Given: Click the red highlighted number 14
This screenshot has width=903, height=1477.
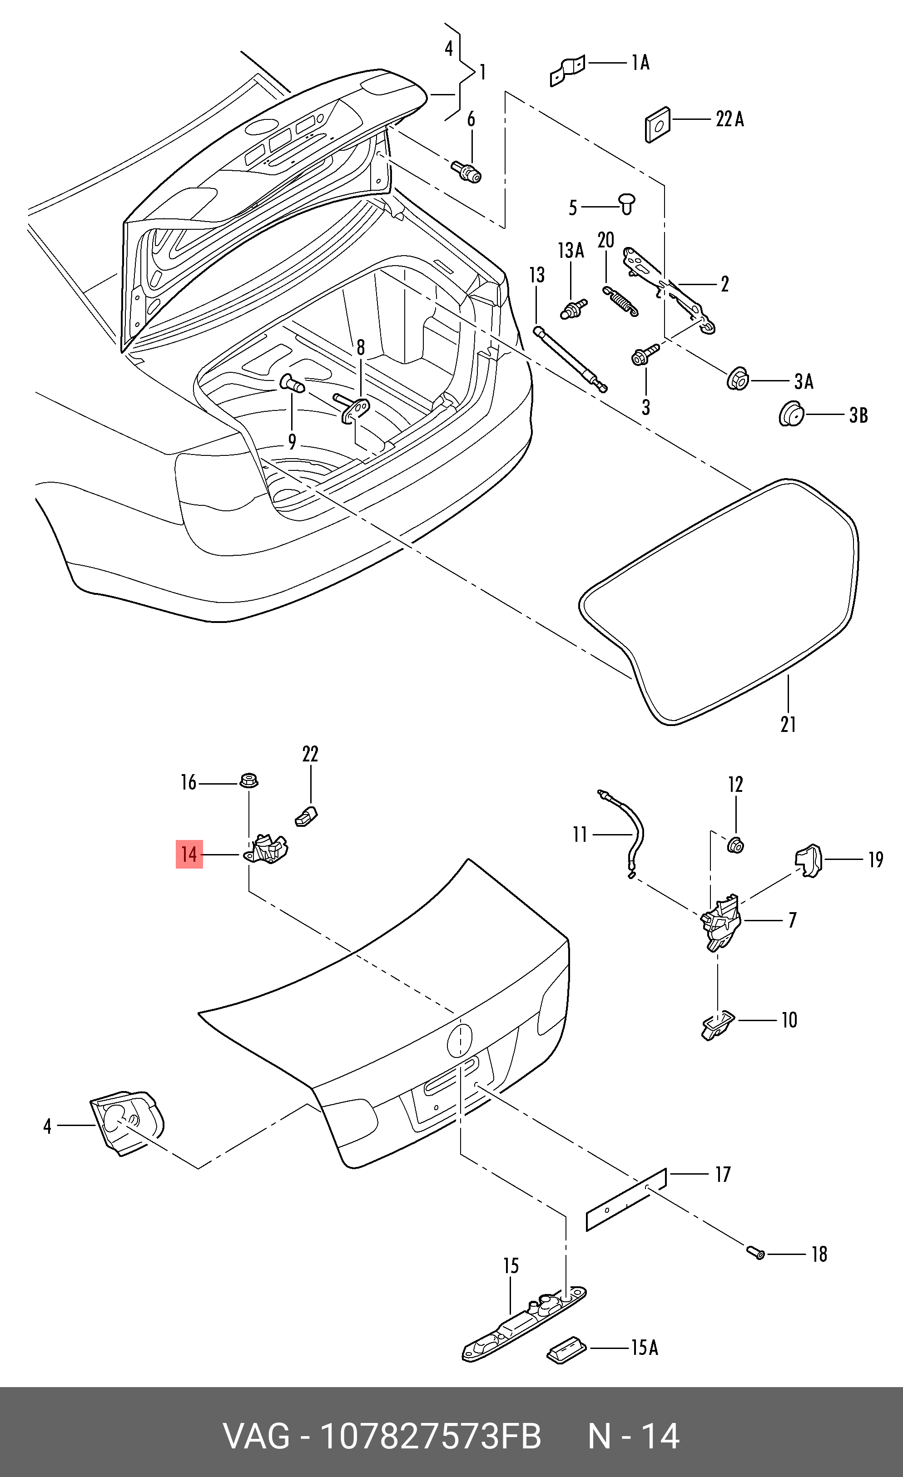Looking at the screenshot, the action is pos(189,854).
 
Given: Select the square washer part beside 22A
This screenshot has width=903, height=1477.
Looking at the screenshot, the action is pos(658,125).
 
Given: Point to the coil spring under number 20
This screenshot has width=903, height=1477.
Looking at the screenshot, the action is pos(620,301).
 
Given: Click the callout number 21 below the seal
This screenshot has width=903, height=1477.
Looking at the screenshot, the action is pos(788,724).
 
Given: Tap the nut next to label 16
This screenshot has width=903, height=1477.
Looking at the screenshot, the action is pos(249,781).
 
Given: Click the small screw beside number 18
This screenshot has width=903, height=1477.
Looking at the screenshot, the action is pos(755,1253).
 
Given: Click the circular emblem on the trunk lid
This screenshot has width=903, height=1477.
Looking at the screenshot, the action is pos(460,1041).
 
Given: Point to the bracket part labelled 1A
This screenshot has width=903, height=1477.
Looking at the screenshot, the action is pos(566,71).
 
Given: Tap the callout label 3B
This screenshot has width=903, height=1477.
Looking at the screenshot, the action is pos(858,415).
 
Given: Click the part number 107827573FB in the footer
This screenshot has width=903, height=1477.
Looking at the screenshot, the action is pos(431,1436).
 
